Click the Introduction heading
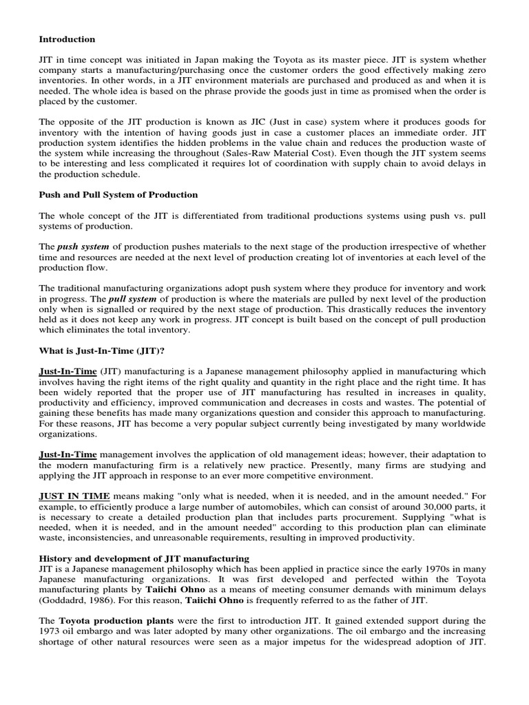(67, 39)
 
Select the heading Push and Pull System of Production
(118, 195)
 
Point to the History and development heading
(144, 557)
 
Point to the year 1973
(52, 631)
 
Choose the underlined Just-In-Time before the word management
(68, 454)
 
